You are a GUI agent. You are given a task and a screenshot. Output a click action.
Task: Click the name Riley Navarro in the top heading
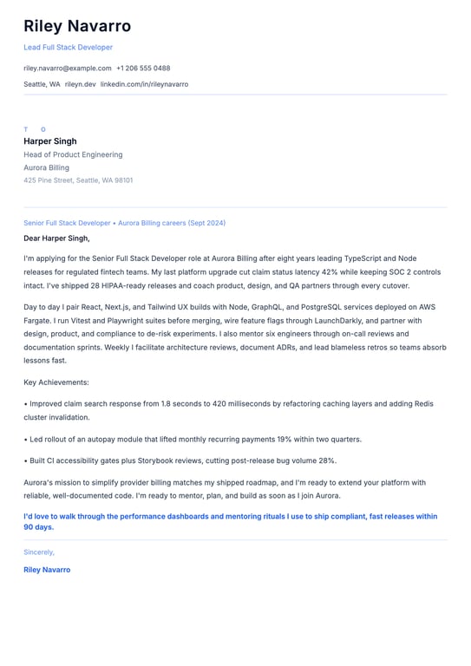pyautogui.click(x=77, y=26)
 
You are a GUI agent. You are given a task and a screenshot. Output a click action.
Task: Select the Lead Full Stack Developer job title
pyautogui.click(x=68, y=47)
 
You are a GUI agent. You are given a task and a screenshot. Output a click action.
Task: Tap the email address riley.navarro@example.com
pyautogui.click(x=68, y=68)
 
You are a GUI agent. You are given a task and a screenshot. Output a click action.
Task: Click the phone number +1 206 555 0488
pyautogui.click(x=143, y=68)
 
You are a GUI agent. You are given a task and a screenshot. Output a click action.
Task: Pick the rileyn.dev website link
pyautogui.click(x=80, y=84)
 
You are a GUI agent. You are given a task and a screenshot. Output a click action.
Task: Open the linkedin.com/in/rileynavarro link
pyautogui.click(x=144, y=84)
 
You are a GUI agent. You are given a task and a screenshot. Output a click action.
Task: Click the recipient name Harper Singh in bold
pyautogui.click(x=50, y=140)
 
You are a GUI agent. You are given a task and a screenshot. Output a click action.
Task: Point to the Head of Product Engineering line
pyautogui.click(x=73, y=154)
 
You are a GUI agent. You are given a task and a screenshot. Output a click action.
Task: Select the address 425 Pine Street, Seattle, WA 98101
pyautogui.click(x=78, y=180)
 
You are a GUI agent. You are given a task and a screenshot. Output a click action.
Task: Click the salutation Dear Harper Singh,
pyautogui.click(x=56, y=238)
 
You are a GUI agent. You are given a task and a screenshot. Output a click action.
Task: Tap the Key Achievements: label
pyautogui.click(x=56, y=382)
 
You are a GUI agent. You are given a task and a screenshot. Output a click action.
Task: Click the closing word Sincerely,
pyautogui.click(x=39, y=552)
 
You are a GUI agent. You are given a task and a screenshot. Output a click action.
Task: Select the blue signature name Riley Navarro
pyautogui.click(x=47, y=570)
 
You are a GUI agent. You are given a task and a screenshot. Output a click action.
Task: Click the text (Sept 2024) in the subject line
pyautogui.click(x=206, y=223)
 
